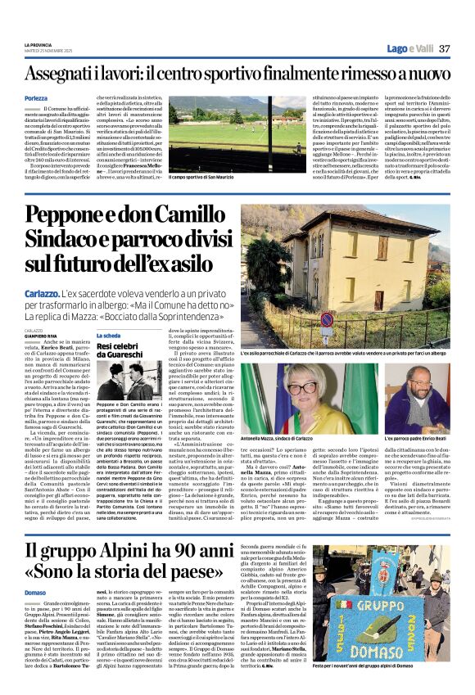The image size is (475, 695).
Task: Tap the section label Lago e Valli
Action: (x=409, y=48)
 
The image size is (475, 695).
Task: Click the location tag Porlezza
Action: (x=36, y=97)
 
